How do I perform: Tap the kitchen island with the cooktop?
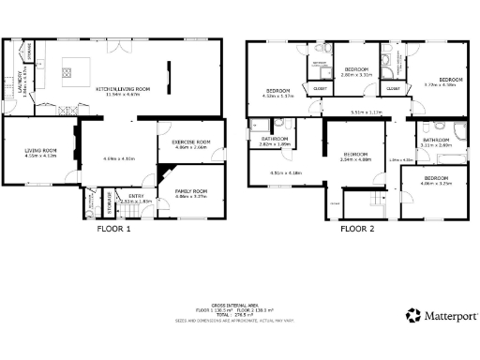pyautogui.click(x=77, y=68)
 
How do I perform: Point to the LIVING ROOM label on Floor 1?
pyautogui.click(x=40, y=152)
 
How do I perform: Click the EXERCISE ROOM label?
pyautogui.click(x=189, y=143)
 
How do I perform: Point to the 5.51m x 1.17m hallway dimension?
pyautogui.click(x=367, y=113)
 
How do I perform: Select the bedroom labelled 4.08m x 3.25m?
pyautogui.click(x=435, y=181)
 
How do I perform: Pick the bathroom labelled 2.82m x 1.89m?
pyautogui.click(x=274, y=142)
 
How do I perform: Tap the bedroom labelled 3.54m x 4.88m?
pyautogui.click(x=356, y=157)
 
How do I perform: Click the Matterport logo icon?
pyautogui.click(x=412, y=316)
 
